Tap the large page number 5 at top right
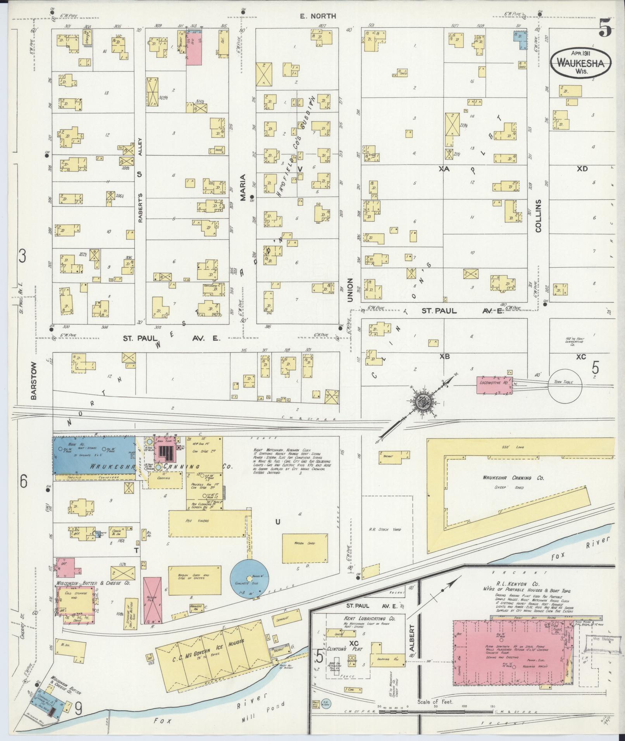(605, 28)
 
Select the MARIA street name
(243, 187)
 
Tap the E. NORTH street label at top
(318, 16)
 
